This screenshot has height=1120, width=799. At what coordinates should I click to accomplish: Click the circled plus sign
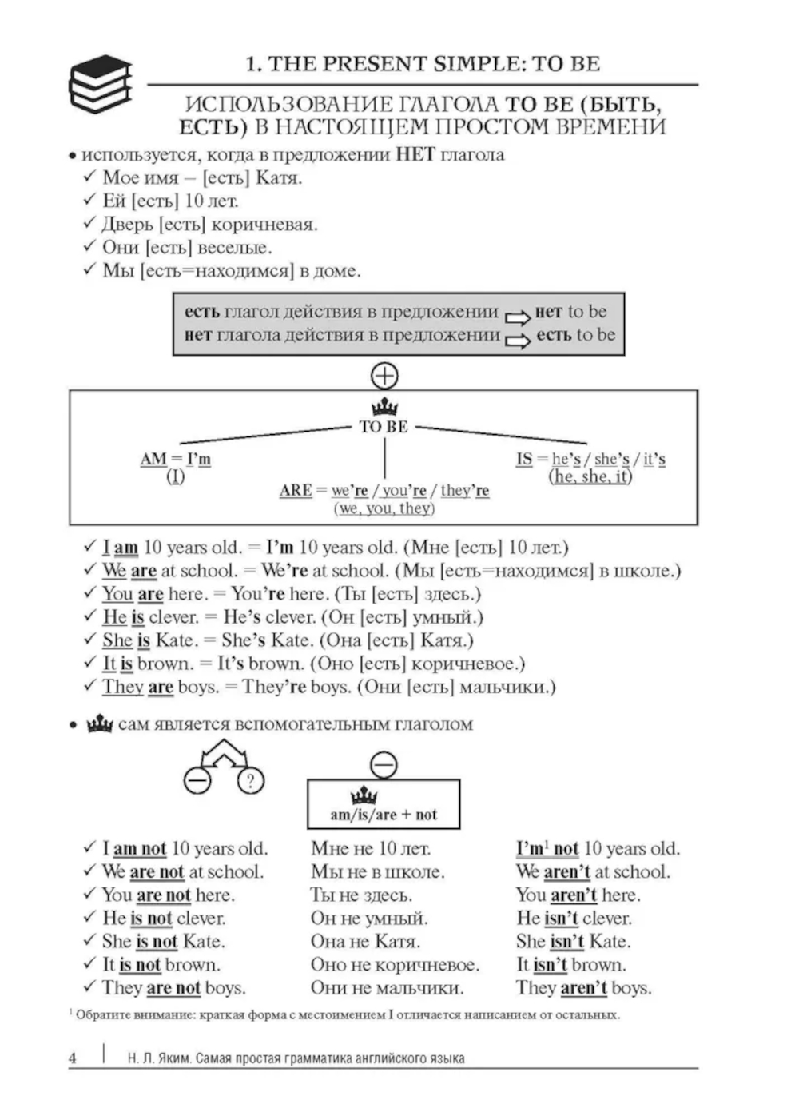(x=384, y=375)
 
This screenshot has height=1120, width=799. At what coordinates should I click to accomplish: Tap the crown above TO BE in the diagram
(x=384, y=407)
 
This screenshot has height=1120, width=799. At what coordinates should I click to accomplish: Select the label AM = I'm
(x=175, y=459)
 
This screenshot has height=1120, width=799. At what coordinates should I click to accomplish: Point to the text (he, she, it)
(x=590, y=476)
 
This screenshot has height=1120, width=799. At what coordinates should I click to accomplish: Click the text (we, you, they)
(x=384, y=508)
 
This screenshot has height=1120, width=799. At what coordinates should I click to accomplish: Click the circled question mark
(x=251, y=780)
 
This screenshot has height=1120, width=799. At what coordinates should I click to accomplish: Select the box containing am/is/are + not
(x=384, y=804)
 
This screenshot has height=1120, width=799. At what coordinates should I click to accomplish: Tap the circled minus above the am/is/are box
(x=384, y=765)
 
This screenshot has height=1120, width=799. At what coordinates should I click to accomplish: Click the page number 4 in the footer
(x=73, y=1058)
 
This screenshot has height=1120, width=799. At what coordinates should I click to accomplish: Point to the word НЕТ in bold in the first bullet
(x=415, y=154)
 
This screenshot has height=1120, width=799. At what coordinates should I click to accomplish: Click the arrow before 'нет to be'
(x=517, y=317)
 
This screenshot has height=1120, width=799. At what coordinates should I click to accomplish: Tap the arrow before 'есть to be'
(x=517, y=341)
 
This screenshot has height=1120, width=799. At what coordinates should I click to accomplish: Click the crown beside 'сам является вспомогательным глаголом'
(x=100, y=724)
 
